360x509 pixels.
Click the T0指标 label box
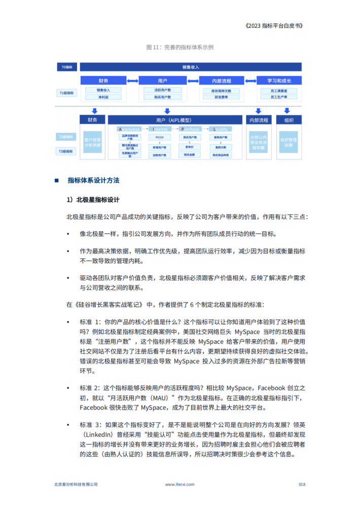[67, 67]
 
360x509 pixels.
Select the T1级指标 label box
[67, 93]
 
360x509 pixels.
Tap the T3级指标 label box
[67, 151]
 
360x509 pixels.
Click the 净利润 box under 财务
[103, 96]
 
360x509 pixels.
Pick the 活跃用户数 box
[163, 90]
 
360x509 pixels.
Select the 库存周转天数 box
[221, 90]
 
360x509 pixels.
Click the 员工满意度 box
[279, 90]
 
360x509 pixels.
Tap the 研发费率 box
[221, 96]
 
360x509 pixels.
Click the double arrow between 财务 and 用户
[132, 81]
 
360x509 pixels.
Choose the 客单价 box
[190, 146]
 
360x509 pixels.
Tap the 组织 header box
[289, 120]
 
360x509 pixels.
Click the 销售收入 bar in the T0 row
[191, 67]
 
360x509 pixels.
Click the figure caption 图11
[179, 47]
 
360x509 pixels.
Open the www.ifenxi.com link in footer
[180, 484]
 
